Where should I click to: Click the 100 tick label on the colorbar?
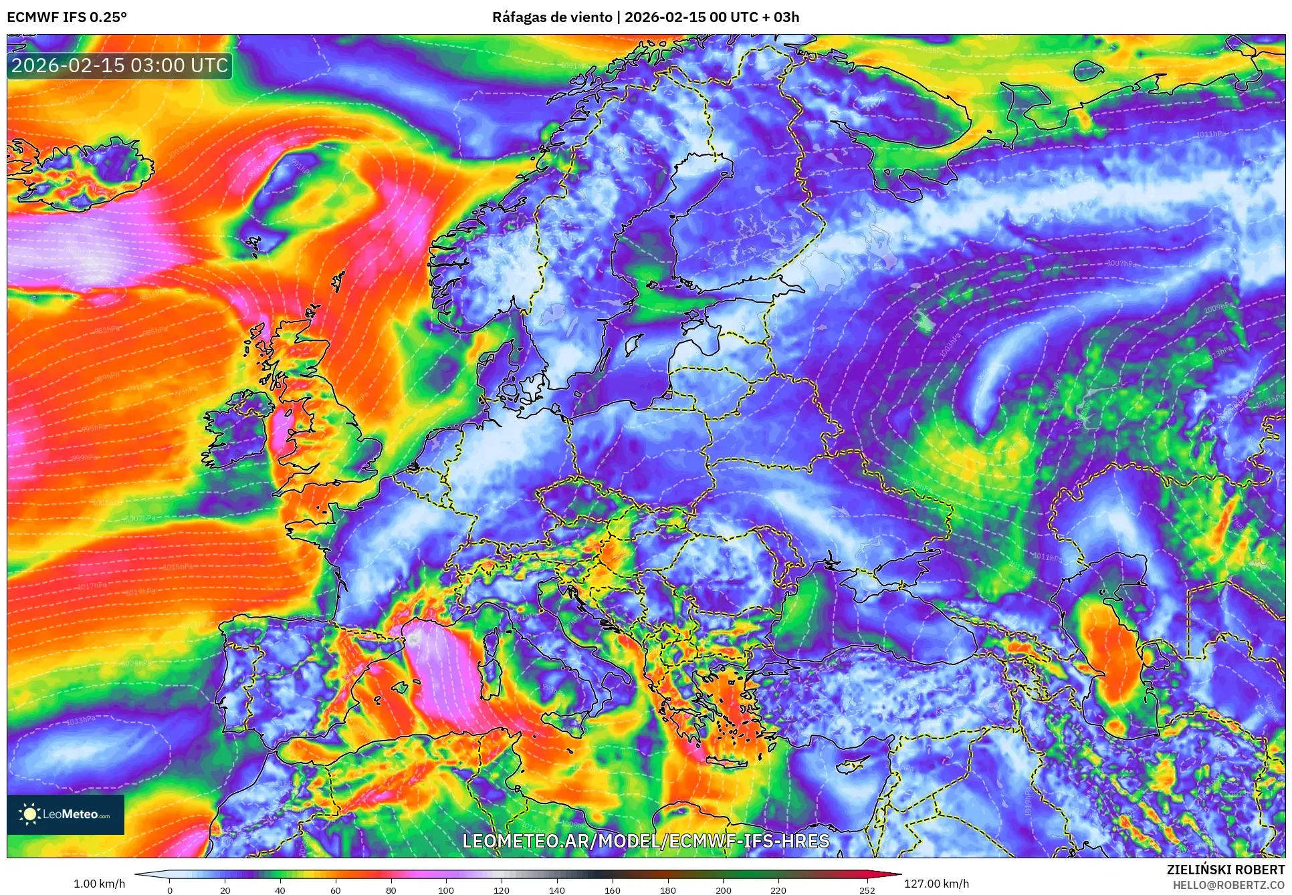pos(446,890)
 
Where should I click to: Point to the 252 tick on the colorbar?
pos(867,890)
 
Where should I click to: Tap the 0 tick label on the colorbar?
pos(170,890)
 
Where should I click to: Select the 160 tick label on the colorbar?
pos(612,890)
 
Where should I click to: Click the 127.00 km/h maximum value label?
pos(936,884)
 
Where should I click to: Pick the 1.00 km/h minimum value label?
pos(99,884)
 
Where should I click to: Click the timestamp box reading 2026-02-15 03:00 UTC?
pos(120,66)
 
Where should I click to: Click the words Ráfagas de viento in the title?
pos(552,17)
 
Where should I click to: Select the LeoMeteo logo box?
pos(66,814)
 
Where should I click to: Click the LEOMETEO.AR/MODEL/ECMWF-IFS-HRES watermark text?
pos(645,841)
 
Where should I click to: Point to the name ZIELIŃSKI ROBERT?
pos(1225,870)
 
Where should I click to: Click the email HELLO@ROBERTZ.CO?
pos(1228,885)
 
